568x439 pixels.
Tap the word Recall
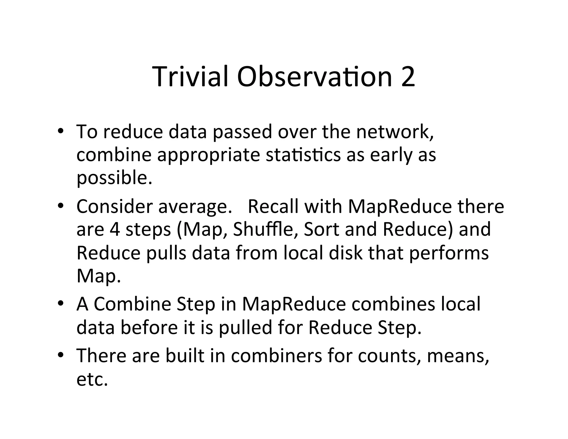point(273,206)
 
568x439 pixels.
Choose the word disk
point(345,253)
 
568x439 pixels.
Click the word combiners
point(277,355)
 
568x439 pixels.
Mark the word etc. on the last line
point(92,379)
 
